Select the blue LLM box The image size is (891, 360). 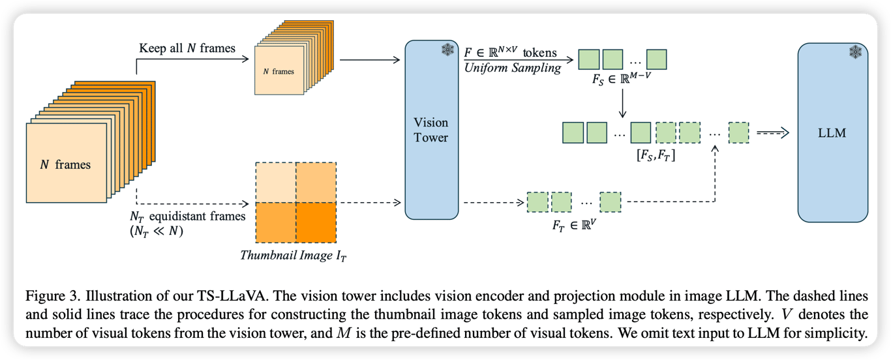(x=832, y=132)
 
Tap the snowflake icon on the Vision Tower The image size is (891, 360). (x=447, y=50)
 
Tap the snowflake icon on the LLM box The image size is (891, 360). (x=855, y=52)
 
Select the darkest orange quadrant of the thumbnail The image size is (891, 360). (x=316, y=221)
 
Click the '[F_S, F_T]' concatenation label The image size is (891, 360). (x=656, y=155)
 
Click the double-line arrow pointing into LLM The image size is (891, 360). (x=772, y=133)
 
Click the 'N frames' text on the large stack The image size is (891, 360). (x=65, y=164)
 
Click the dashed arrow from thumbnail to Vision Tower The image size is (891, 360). (x=369, y=202)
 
